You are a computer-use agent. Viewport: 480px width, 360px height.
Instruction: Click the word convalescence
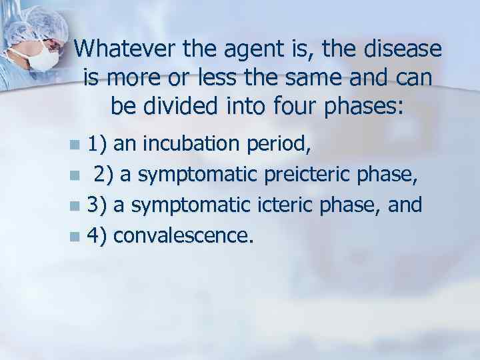point(183,235)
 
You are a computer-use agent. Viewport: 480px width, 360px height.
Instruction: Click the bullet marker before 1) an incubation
point(77,144)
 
